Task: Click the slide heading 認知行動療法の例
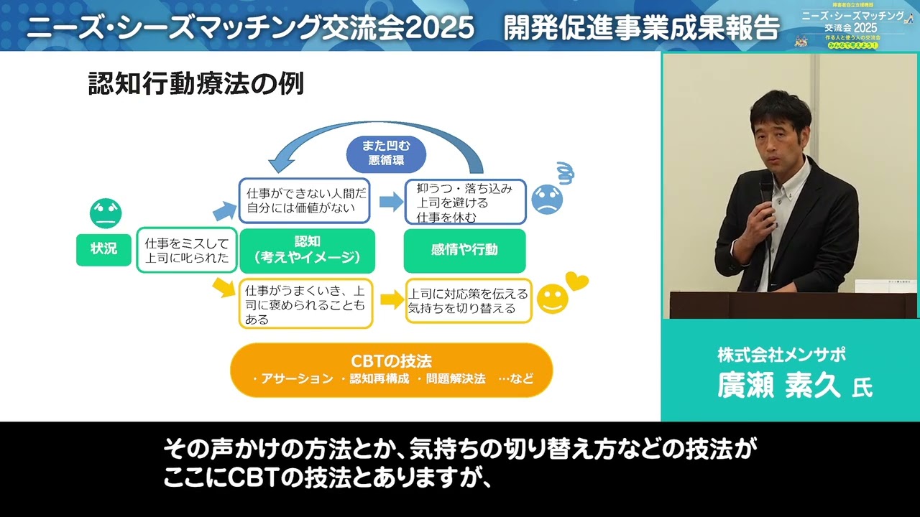195,84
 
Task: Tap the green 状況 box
103,249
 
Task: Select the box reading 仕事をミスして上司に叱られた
187,250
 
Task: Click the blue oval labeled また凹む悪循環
385,152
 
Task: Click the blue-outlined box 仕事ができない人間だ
304,201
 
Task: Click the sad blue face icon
547,200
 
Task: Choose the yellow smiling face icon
552,299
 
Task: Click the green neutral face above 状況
106,213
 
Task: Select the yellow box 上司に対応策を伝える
468,301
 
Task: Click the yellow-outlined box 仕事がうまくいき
305,303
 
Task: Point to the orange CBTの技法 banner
391,370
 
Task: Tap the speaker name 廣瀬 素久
779,386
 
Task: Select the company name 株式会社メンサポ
781,355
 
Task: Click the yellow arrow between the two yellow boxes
392,300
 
